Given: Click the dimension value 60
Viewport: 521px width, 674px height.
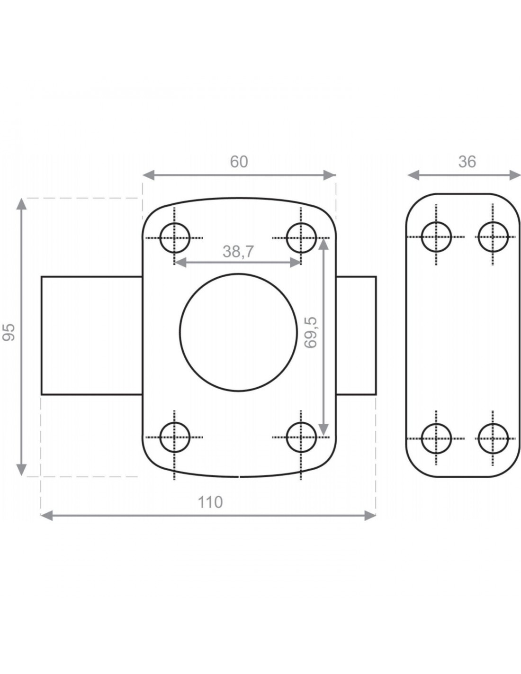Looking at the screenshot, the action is [239, 162].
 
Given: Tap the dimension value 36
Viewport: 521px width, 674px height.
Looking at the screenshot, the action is [467, 162].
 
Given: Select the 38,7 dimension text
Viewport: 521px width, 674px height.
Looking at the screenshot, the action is [238, 252].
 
